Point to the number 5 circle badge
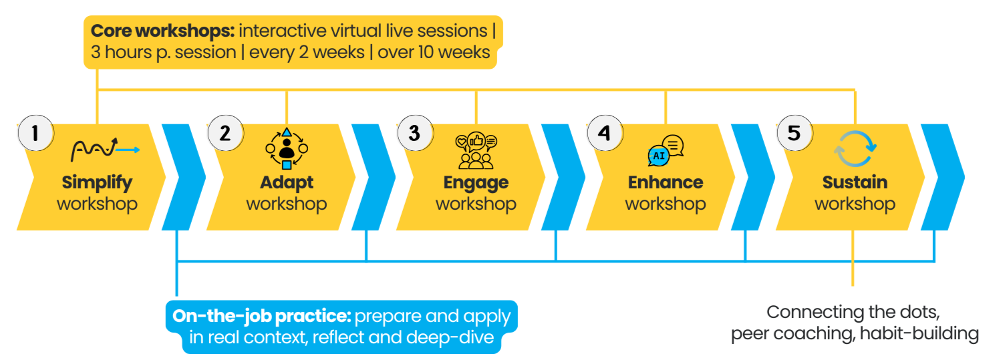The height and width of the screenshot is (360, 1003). (x=794, y=133)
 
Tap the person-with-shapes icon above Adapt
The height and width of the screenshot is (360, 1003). (x=287, y=148)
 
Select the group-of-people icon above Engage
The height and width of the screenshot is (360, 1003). (x=476, y=150)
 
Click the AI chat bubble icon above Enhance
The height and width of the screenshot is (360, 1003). (x=666, y=150)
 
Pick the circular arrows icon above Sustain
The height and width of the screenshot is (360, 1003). (x=855, y=148)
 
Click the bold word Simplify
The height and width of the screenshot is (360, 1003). (x=97, y=182)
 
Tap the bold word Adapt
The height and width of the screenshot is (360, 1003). (x=287, y=182)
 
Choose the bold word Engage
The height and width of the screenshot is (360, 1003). (x=476, y=182)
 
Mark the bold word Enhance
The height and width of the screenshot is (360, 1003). (x=666, y=182)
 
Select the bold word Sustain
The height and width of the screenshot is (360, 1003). (x=855, y=182)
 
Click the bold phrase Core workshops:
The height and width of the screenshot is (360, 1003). (x=162, y=31)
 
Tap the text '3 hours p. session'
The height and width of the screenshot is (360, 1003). (x=163, y=52)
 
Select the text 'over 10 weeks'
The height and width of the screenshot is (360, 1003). (x=434, y=52)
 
